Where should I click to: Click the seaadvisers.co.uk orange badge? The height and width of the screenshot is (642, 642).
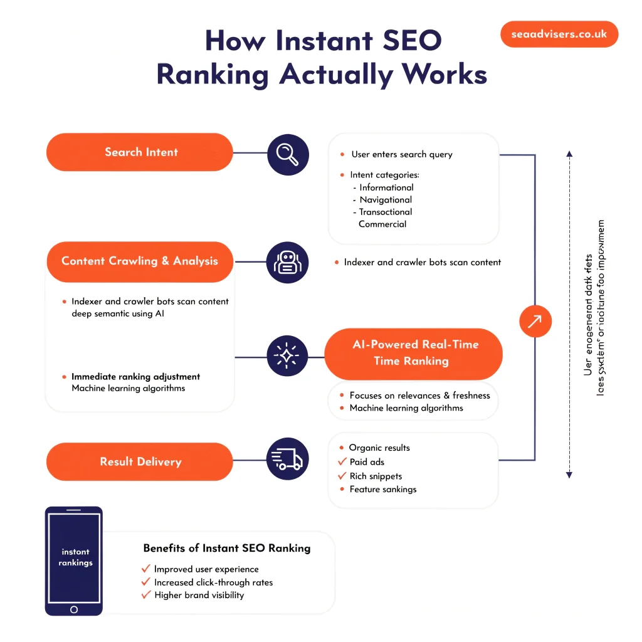point(559,34)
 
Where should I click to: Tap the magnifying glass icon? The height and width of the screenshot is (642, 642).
point(288,153)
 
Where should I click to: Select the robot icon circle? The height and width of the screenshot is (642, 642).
point(288,262)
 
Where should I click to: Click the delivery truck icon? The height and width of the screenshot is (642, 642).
point(288,460)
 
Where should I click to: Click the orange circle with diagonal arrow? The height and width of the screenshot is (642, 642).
point(535,322)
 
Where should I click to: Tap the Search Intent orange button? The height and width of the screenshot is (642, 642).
point(140,152)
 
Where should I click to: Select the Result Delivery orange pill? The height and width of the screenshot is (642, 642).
point(140,462)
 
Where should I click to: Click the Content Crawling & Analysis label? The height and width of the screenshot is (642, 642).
point(140,261)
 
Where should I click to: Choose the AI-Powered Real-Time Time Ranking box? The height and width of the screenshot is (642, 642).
point(414,353)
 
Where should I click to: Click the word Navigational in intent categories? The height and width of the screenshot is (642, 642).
point(386,199)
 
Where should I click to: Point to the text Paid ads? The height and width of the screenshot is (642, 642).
point(367,462)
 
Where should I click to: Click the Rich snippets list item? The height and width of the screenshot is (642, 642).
point(376,476)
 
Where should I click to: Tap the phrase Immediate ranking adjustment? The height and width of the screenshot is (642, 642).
point(135,377)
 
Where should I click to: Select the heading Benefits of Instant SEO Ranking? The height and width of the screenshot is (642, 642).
point(226,548)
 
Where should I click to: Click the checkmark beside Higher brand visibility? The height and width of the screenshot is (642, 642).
point(146,595)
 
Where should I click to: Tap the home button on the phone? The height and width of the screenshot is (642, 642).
point(74,609)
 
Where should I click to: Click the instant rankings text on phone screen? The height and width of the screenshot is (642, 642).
point(75,557)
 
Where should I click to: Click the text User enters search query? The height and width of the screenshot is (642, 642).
point(401,154)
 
